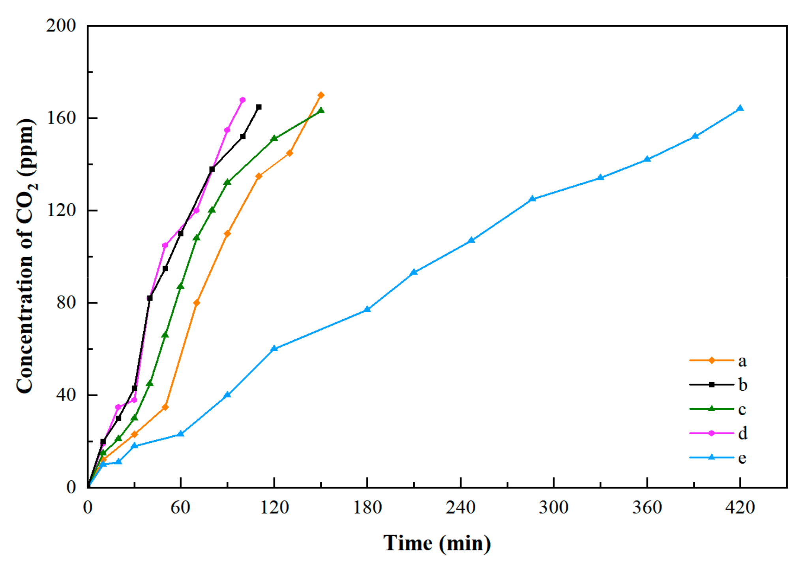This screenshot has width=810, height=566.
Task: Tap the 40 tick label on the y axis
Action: click(66, 395)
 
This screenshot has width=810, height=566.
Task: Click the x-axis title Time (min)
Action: click(437, 543)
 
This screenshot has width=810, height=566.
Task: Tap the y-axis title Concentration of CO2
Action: click(26, 256)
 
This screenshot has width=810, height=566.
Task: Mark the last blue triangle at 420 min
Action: click(740, 108)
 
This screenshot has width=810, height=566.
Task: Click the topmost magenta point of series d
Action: click(242, 100)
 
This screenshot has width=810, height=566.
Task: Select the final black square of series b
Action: click(259, 107)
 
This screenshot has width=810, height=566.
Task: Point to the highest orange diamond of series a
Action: click(321, 95)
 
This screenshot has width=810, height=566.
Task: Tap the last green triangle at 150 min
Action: click(321, 111)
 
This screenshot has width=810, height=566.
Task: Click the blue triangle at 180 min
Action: click(367, 309)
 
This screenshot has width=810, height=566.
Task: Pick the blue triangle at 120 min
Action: click(274, 349)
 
